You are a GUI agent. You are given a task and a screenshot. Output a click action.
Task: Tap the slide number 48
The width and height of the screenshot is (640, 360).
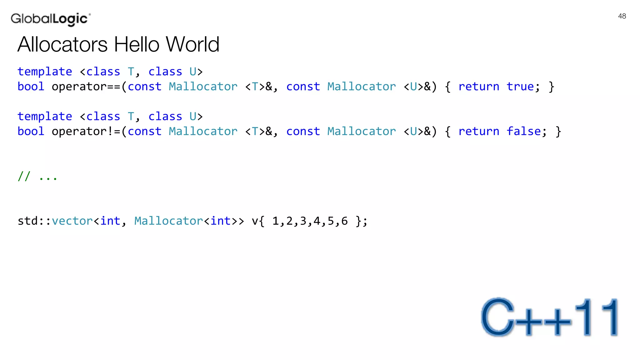622,16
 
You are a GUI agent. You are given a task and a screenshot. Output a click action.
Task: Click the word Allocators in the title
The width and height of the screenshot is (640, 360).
62,44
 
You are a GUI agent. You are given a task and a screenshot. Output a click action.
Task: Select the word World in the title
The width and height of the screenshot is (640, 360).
192,44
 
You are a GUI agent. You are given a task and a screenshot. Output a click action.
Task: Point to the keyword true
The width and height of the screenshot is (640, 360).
520,87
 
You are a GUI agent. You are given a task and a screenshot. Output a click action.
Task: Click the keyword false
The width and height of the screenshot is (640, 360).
523,131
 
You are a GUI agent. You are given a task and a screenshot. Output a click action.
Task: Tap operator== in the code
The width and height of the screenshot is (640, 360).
86,87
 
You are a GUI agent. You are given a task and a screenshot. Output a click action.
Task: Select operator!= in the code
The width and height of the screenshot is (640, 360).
86,132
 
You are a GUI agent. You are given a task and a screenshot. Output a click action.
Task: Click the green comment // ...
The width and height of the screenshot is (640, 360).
24,176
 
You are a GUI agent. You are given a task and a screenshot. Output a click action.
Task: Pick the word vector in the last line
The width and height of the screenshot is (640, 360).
72,221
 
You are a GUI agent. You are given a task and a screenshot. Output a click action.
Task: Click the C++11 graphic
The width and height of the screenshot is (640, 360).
550,317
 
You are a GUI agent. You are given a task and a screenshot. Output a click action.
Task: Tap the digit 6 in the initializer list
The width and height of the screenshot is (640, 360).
344,221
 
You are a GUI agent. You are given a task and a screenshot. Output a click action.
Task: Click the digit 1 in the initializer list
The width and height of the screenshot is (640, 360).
275,221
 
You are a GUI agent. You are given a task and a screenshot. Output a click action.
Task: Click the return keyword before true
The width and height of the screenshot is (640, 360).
479,87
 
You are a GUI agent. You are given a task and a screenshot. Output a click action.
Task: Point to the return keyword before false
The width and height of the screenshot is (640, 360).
479,131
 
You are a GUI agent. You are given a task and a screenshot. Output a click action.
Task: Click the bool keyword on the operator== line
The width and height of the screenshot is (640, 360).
31,87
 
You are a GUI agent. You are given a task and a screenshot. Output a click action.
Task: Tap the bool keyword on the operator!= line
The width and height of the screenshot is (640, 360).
31,131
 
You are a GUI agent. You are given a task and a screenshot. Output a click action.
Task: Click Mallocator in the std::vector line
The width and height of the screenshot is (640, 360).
169,221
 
